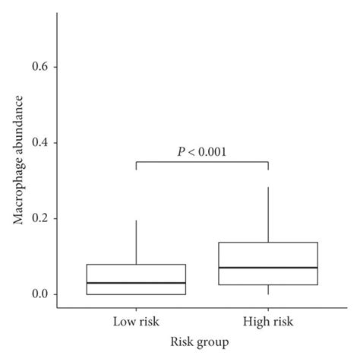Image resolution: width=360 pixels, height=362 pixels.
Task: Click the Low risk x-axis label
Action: [x=136, y=323]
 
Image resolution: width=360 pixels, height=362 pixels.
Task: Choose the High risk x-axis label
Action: [x=269, y=323]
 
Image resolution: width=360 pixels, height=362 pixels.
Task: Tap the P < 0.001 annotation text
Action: [x=202, y=151]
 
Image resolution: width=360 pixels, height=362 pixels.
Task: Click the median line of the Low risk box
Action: [x=136, y=283]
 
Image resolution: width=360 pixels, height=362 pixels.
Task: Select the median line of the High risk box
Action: [x=269, y=268]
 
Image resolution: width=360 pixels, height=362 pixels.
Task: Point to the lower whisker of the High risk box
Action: [x=269, y=290]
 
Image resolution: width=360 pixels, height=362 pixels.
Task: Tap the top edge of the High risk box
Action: [x=269, y=243]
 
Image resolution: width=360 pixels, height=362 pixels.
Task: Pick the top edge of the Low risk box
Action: [x=136, y=265]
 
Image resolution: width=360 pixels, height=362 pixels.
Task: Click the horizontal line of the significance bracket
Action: [x=202, y=161]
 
